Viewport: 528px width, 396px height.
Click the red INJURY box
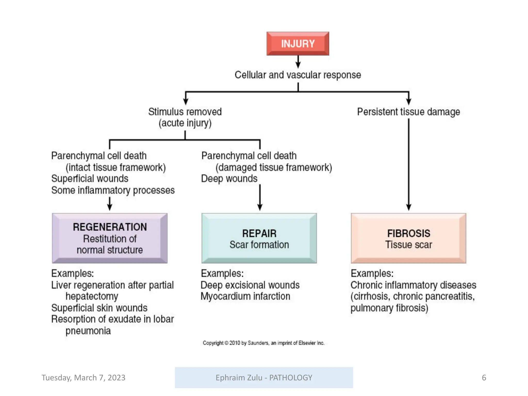point(298,44)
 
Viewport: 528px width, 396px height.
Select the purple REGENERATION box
point(110,238)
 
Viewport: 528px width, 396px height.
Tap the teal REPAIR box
point(259,238)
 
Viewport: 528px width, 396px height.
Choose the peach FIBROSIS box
point(408,238)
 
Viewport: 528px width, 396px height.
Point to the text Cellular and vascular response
point(298,75)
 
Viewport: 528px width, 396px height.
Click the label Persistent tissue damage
point(408,112)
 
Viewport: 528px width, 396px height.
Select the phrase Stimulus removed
point(185,112)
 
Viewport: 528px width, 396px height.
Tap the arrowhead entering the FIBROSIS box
point(409,207)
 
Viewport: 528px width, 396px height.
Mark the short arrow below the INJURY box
point(298,62)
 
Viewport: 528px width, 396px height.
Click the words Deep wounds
point(229,179)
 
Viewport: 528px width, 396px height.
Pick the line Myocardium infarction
point(245,296)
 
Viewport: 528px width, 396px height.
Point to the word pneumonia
point(88,331)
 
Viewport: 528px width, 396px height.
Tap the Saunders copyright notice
point(263,343)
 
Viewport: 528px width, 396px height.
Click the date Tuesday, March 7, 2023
point(83,378)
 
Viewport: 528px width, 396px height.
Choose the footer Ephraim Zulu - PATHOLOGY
point(264,378)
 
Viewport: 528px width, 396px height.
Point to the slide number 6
point(484,378)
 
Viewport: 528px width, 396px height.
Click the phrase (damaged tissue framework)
point(274,168)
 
